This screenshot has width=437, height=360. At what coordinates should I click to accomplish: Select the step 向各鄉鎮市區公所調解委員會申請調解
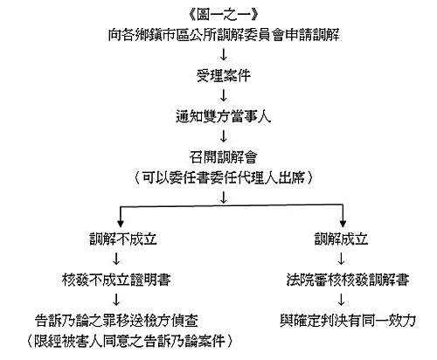coord(224,35)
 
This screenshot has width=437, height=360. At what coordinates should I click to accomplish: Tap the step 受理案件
coord(224,76)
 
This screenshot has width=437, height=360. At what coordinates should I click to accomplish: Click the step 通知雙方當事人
coord(224,116)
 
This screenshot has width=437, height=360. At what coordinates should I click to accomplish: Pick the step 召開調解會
coord(224,157)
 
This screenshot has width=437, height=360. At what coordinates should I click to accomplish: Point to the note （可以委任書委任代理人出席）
coord(224,177)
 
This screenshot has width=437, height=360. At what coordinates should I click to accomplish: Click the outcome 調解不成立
coord(123,239)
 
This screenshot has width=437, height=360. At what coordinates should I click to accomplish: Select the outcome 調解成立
coord(341,239)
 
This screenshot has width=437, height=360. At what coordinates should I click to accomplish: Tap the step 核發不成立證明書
coord(116,280)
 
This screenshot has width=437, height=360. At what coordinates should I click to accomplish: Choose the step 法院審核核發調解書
coord(348,280)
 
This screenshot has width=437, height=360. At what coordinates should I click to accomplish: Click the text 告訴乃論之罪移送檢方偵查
coord(116,321)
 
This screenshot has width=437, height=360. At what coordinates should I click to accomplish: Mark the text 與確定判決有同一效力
coord(348,321)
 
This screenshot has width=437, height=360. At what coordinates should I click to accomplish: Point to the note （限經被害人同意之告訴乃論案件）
coord(130,341)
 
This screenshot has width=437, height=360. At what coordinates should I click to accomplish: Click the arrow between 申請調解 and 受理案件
coord(224,55)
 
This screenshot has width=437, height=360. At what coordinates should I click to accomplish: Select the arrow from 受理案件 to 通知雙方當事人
coord(224,95)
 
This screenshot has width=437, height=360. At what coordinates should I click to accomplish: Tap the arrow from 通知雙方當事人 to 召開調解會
coord(224,136)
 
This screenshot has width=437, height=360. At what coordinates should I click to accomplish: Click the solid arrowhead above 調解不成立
coord(121,224)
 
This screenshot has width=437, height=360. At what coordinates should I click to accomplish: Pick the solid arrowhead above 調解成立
coord(343,224)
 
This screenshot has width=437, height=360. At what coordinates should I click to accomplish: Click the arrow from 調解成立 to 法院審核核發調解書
coord(341,259)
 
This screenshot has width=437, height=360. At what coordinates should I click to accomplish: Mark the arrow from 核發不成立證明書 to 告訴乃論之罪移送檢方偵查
coord(116,300)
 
